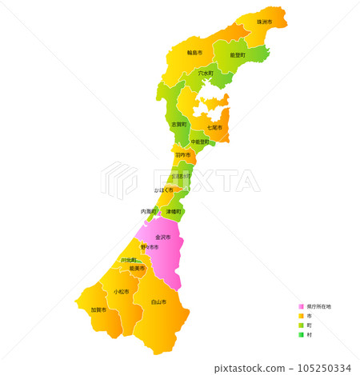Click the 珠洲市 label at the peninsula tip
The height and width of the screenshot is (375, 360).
click(x=264, y=22)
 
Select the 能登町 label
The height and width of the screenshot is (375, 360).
click(x=238, y=55)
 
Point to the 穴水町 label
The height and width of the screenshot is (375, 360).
click(x=206, y=74)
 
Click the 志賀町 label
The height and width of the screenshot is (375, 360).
click(x=178, y=125)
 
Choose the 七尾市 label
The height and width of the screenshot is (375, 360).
click(x=214, y=127)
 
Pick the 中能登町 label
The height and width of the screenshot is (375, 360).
click(x=200, y=142)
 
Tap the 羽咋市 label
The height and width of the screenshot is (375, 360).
click(x=182, y=154)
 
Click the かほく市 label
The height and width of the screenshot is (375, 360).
click(x=163, y=190)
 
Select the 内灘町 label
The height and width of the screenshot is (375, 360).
click(x=149, y=211)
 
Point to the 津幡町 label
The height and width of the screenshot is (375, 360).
click(x=173, y=211)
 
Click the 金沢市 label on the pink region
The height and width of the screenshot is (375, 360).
click(x=162, y=237)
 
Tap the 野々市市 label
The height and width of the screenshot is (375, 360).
click(x=150, y=248)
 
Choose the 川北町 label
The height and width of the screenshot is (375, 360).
click(x=128, y=260)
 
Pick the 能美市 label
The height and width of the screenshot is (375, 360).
click(x=137, y=269)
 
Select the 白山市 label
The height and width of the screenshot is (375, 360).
click(x=158, y=302)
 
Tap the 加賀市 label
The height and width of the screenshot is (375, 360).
click(x=98, y=309)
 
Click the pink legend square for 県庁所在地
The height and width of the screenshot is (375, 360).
click(x=301, y=306)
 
